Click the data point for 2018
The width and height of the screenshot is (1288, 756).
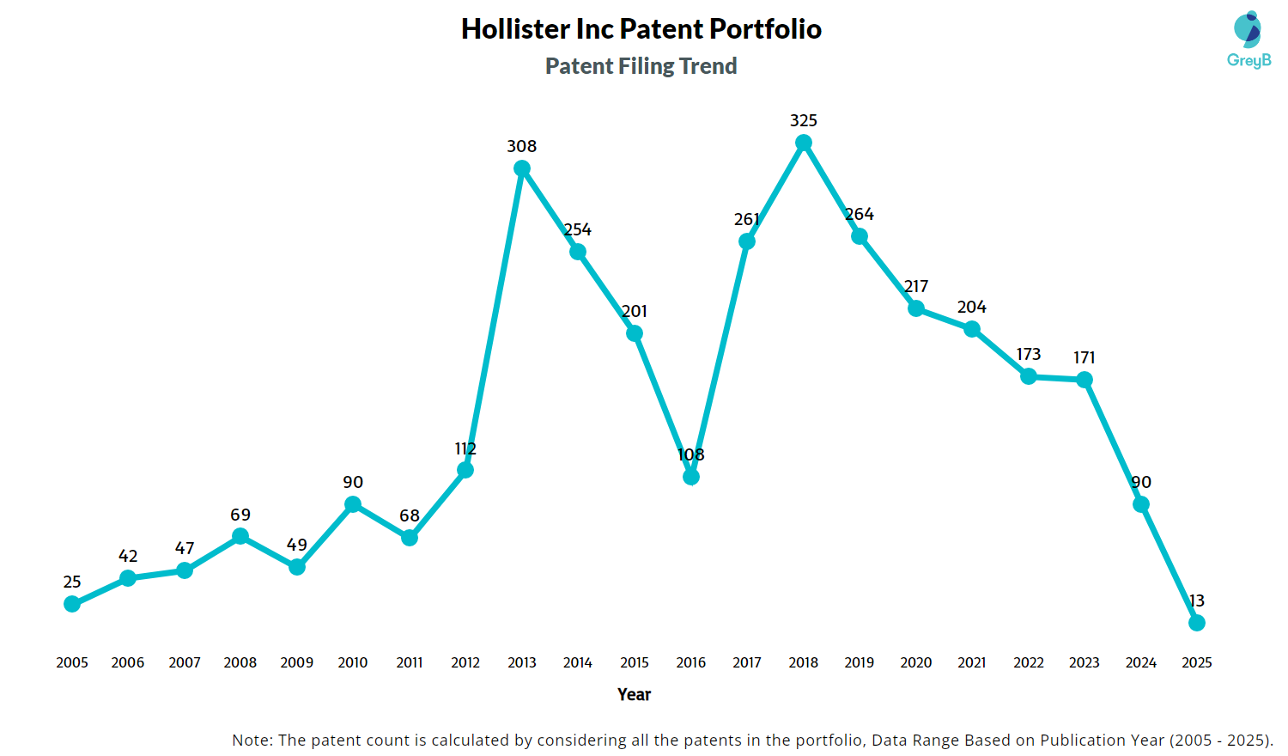tap(804, 143)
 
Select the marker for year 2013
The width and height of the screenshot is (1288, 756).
tap(522, 168)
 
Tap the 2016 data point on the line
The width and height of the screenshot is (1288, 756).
tap(691, 477)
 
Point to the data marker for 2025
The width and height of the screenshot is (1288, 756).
tap(1197, 623)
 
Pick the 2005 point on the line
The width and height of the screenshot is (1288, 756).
tap(72, 604)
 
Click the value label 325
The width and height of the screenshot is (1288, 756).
tap(804, 120)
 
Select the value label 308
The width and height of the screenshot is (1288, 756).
tap(522, 146)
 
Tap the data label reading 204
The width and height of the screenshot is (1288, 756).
tap(972, 307)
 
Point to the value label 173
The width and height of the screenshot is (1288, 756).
tap(1029, 354)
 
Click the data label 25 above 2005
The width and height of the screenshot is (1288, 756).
tap(72, 582)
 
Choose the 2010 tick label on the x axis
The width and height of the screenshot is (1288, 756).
tap(353, 662)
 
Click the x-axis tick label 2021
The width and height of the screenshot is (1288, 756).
tap(972, 662)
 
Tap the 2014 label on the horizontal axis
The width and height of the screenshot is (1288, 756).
tap(578, 662)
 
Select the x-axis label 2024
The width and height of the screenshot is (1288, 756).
tap(1141, 662)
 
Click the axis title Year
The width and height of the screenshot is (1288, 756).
tap(635, 694)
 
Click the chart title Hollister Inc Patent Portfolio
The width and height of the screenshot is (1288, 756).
tap(641, 29)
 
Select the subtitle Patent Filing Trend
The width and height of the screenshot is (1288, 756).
tap(641, 66)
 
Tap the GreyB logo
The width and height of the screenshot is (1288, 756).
tap(1249, 40)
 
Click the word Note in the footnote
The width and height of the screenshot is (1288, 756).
tap(250, 740)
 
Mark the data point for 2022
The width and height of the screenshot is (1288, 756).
tap(1029, 376)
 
